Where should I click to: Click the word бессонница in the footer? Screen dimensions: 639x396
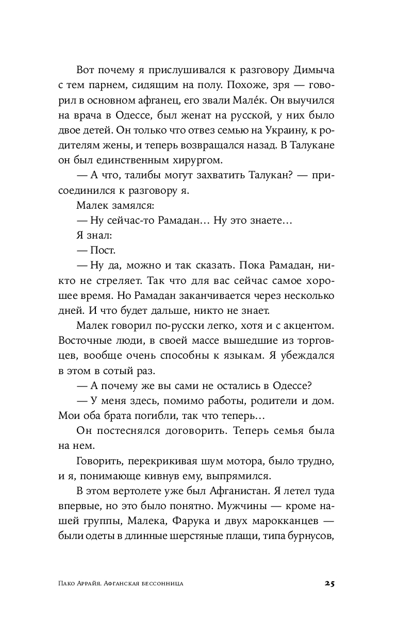coord(160,584)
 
